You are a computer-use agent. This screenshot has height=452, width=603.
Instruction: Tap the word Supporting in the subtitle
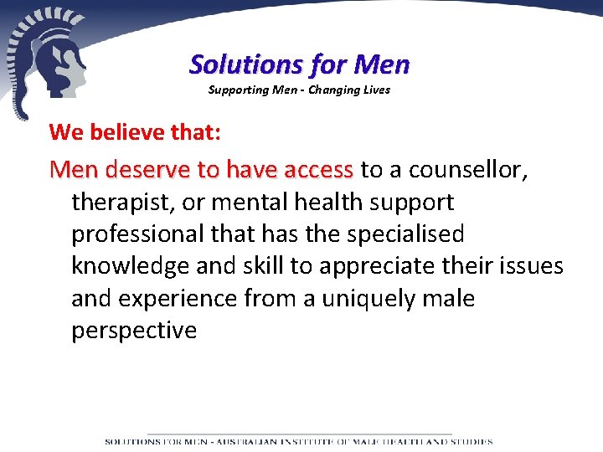tap(235, 90)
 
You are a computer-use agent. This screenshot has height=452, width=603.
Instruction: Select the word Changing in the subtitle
tap(335, 90)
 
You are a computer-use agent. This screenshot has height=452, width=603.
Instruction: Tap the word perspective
tap(134, 331)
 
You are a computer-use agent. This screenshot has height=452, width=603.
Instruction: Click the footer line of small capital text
tap(299, 441)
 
